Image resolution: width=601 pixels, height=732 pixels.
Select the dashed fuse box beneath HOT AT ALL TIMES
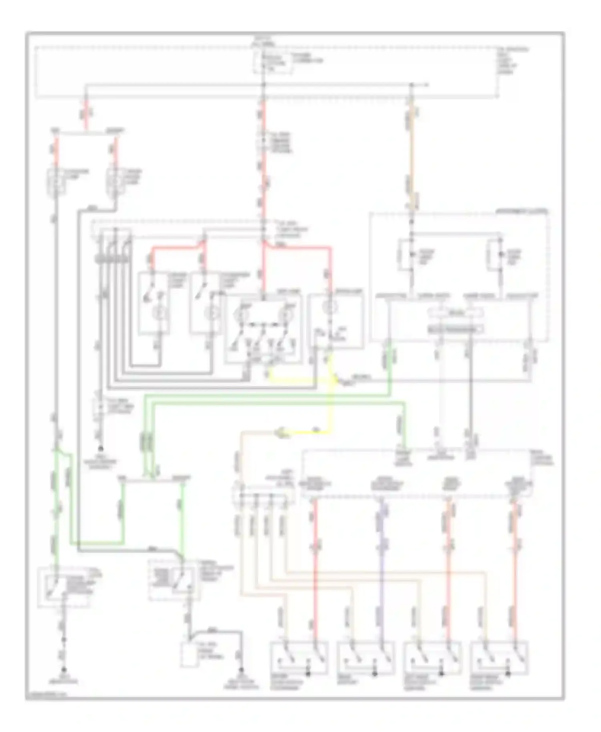click(272, 62)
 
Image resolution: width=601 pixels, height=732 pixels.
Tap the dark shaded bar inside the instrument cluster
click(455, 329)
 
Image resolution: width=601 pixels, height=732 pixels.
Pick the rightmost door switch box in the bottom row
click(499, 660)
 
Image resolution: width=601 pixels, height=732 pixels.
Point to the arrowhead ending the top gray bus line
click(427, 85)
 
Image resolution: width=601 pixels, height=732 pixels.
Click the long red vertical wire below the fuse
click(264, 176)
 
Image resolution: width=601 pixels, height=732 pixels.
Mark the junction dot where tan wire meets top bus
click(411, 85)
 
